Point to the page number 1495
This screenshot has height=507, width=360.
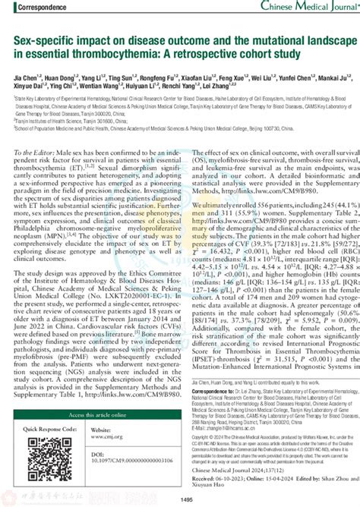180,500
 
